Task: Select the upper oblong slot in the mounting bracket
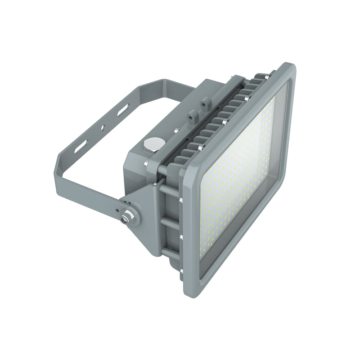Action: (122, 110)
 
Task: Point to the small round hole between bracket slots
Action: (103, 128)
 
